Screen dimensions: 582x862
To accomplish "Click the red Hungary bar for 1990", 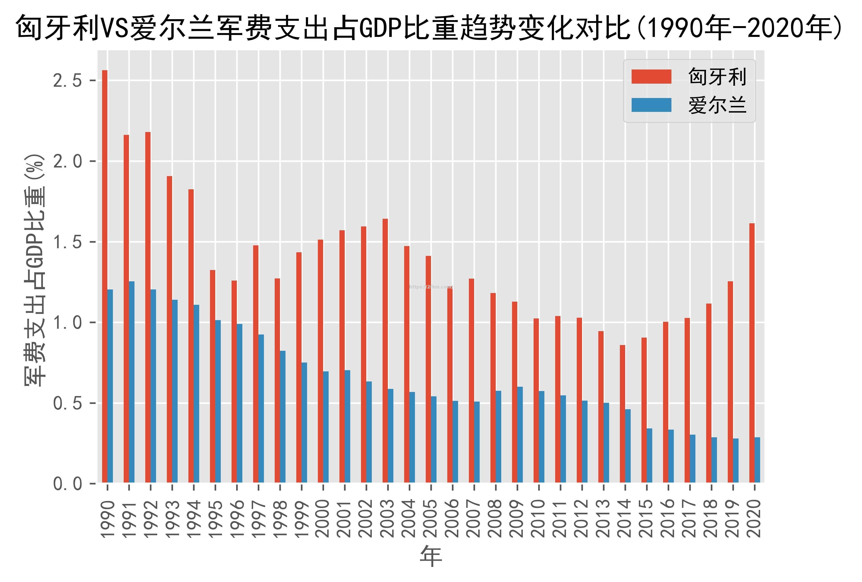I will pyautogui.click(x=105, y=276).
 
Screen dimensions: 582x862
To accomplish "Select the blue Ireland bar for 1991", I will pyautogui.click(x=132, y=382).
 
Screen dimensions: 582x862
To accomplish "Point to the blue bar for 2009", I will pyautogui.click(x=520, y=434).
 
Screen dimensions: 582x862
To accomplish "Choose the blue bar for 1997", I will pyautogui.click(x=261, y=408).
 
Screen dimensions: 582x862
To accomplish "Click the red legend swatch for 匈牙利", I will pyautogui.click(x=651, y=77).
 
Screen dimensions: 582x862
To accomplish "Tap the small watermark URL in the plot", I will pyautogui.click(x=431, y=287).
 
